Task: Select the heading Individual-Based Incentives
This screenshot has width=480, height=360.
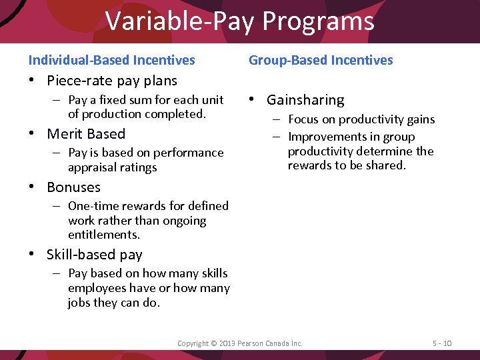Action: tap(111, 60)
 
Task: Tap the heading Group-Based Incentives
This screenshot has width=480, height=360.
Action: tap(321, 60)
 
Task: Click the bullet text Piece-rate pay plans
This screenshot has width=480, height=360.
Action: tap(111, 81)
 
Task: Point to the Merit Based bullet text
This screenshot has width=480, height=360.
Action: tap(86, 134)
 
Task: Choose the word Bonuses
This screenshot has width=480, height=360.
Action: tap(73, 187)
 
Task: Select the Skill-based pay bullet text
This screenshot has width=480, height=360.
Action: tap(94, 255)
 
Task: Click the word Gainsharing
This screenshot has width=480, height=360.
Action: tap(305, 100)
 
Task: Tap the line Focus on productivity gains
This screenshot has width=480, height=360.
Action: tap(361, 120)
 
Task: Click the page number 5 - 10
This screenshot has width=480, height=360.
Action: tap(441, 343)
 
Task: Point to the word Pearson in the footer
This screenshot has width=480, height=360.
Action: tap(250, 343)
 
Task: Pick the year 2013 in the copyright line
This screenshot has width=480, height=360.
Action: tap(226, 343)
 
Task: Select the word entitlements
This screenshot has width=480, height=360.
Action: tap(103, 235)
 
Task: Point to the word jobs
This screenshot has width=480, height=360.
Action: tap(79, 303)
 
